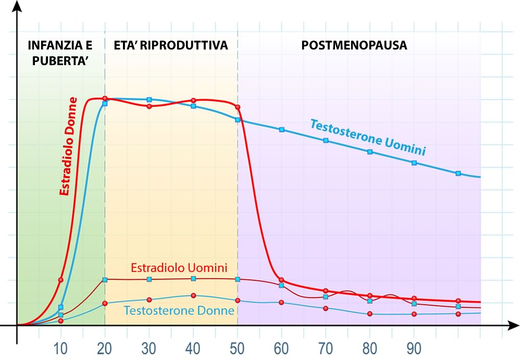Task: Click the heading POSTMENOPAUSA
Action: coord(354,45)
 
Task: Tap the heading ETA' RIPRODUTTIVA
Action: coord(171,45)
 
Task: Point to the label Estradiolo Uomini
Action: coord(179,268)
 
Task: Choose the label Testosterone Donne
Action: coord(179,310)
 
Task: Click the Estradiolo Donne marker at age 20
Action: coord(105,98)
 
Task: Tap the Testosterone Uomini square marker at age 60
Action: coord(282,129)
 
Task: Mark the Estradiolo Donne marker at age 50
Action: coord(238,107)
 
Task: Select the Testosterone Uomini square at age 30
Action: coord(149,100)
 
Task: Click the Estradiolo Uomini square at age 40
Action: coord(193,279)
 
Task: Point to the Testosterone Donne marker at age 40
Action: coord(193,295)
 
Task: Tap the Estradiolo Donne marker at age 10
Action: coord(60,280)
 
